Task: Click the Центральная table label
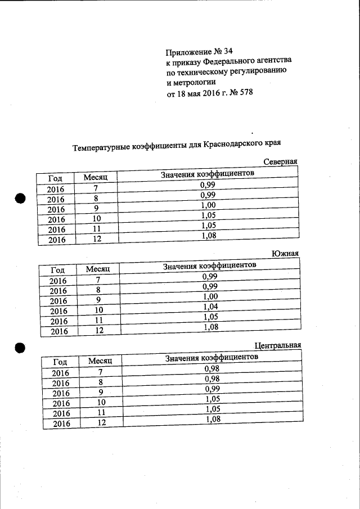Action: click(x=278, y=345)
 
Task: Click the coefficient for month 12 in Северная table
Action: click(x=209, y=236)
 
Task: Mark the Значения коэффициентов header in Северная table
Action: click(x=207, y=174)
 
